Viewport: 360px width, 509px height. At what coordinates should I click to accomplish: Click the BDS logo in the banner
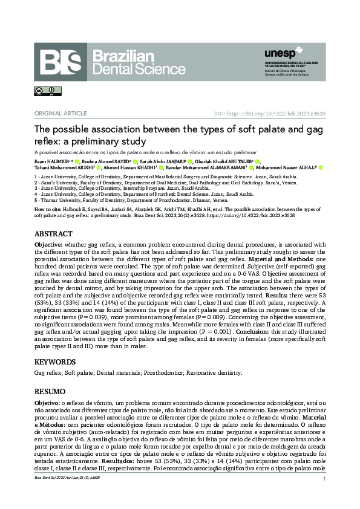pos(61,62)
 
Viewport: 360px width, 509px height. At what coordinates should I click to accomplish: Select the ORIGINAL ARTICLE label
pos(55,113)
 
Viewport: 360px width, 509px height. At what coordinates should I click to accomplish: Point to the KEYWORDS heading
pos(55,361)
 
